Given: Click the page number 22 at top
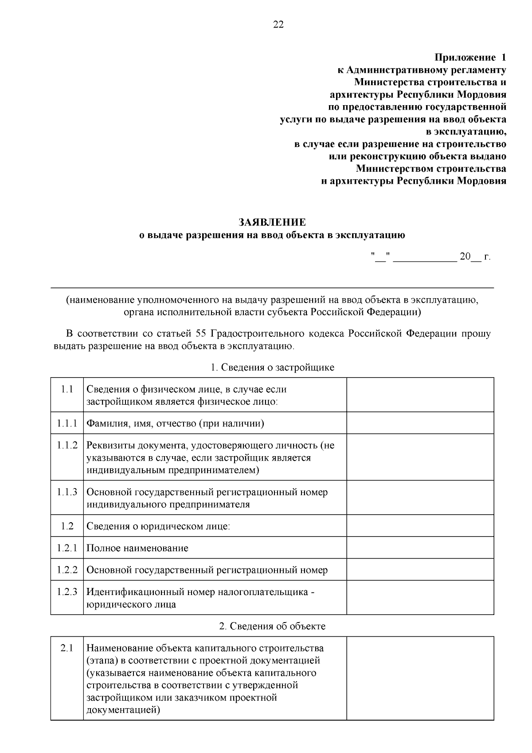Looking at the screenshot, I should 278,24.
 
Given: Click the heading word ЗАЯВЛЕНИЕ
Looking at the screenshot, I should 272,222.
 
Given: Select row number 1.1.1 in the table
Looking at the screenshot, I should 67,423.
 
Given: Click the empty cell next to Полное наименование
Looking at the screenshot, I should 420,548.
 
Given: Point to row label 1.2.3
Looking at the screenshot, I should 67,592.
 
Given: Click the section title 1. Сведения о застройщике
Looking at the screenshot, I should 272,367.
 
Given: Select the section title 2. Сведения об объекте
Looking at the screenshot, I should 272,626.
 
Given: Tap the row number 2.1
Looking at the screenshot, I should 67,648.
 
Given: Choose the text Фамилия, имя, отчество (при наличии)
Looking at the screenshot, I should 175,423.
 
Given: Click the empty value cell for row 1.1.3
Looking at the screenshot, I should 420,497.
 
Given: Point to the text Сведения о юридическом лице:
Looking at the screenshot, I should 158,526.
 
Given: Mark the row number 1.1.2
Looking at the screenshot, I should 67,445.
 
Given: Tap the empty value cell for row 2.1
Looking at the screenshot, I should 420,678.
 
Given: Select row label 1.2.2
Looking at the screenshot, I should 67,570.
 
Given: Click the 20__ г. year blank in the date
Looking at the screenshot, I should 475,257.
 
